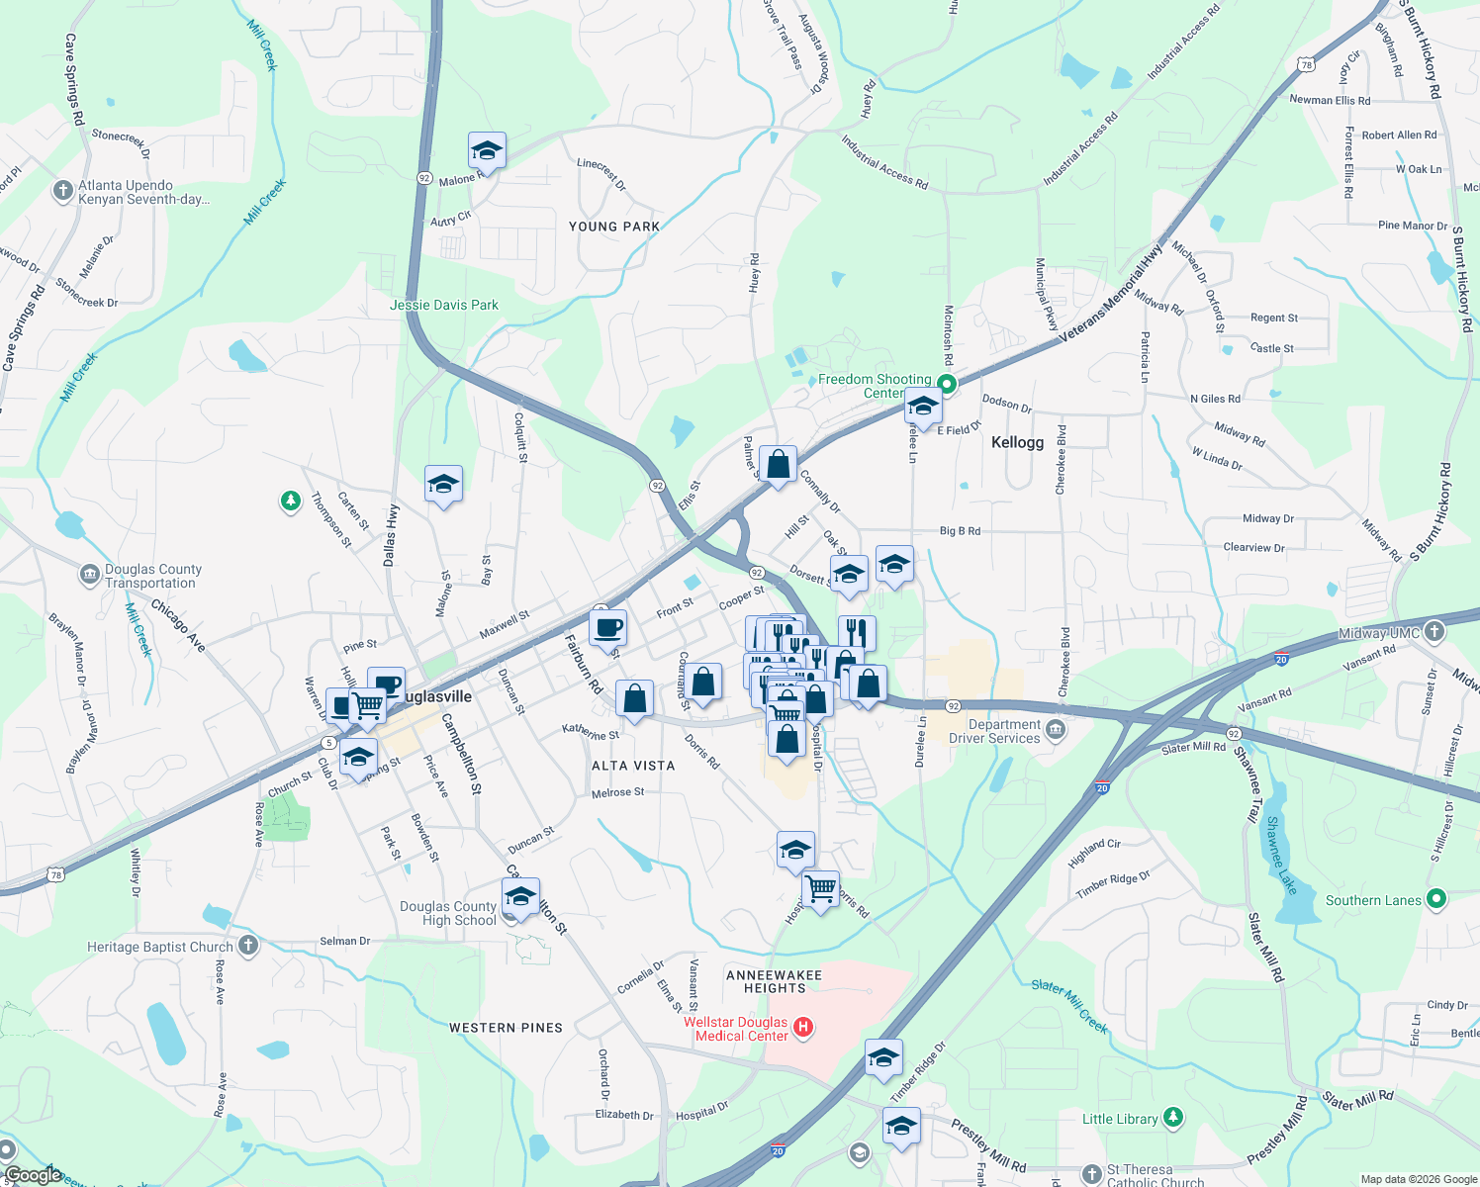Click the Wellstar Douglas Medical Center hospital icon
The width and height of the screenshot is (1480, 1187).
pos(803,1028)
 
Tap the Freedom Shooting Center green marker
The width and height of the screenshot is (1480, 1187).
pos(947,384)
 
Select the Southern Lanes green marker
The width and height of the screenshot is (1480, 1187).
pos(1436,899)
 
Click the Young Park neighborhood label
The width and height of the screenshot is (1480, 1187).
pos(614,227)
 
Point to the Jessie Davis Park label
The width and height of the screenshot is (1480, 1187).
pos(444,305)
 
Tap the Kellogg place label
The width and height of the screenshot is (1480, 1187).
pos(1017,442)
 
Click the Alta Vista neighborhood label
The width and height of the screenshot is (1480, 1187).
pos(633,766)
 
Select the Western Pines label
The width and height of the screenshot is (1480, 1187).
pos(506,1028)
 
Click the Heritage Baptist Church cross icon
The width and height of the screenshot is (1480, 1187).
pos(247,946)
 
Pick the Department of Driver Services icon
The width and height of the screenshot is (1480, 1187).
pos(1056,730)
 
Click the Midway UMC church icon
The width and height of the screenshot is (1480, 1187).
pos(1434,631)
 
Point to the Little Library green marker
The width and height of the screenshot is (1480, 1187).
pos(1172,1118)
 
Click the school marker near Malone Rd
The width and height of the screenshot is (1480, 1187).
pos(487,151)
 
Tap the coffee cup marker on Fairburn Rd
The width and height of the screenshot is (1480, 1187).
pos(607,627)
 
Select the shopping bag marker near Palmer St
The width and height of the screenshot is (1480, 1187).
pos(779,464)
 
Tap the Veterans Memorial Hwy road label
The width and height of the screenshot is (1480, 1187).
pos(1111,294)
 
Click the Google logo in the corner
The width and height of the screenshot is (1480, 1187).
pos(33,1175)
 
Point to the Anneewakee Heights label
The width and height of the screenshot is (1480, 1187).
pos(775,981)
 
